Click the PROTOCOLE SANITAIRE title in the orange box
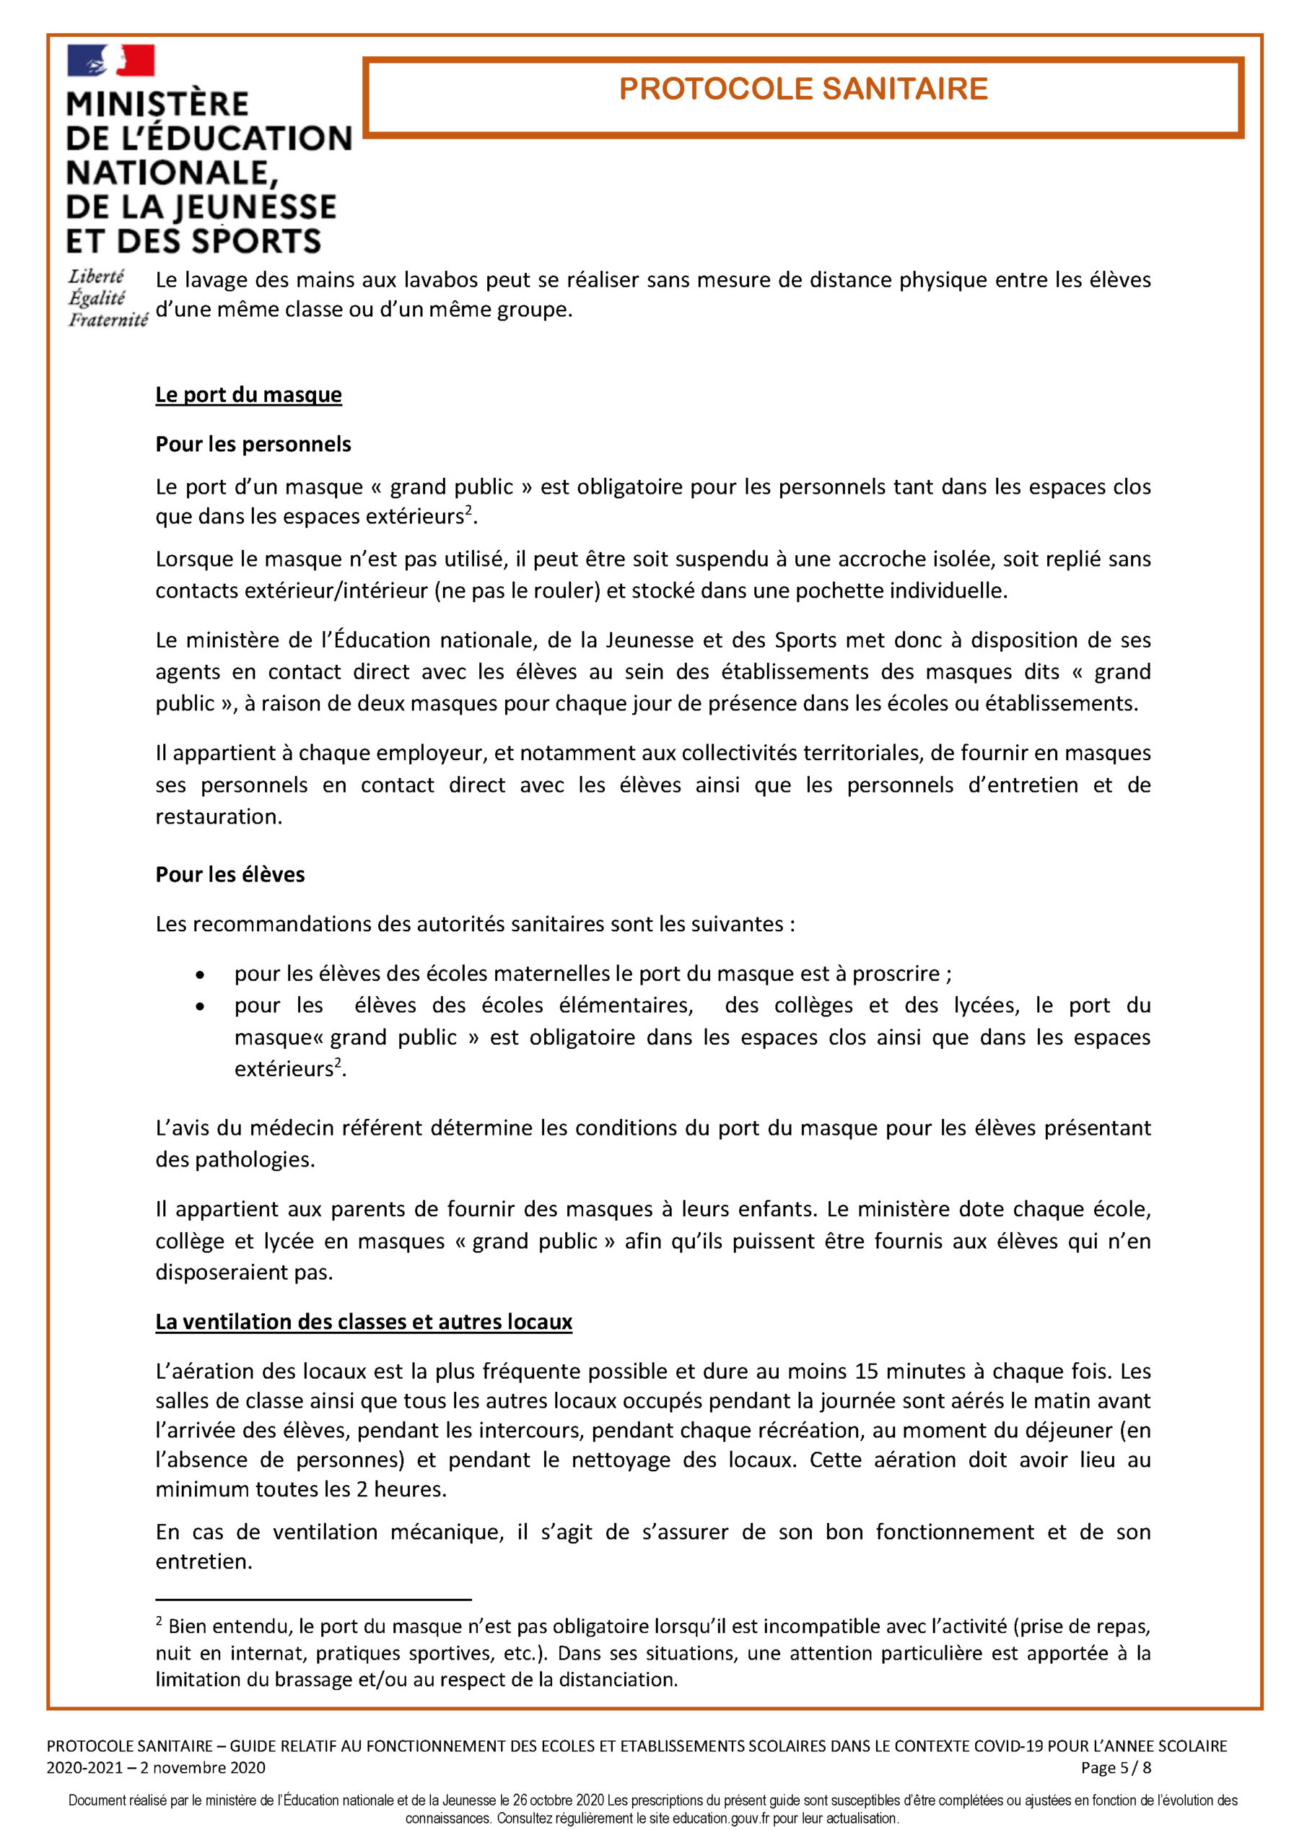803,89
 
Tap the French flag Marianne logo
111,61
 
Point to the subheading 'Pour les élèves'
230,874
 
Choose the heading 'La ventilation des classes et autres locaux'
363,1322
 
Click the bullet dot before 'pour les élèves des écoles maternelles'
200,975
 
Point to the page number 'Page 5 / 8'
1116,1768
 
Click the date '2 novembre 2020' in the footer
202,1768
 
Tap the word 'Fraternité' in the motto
108,321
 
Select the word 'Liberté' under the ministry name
96,277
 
